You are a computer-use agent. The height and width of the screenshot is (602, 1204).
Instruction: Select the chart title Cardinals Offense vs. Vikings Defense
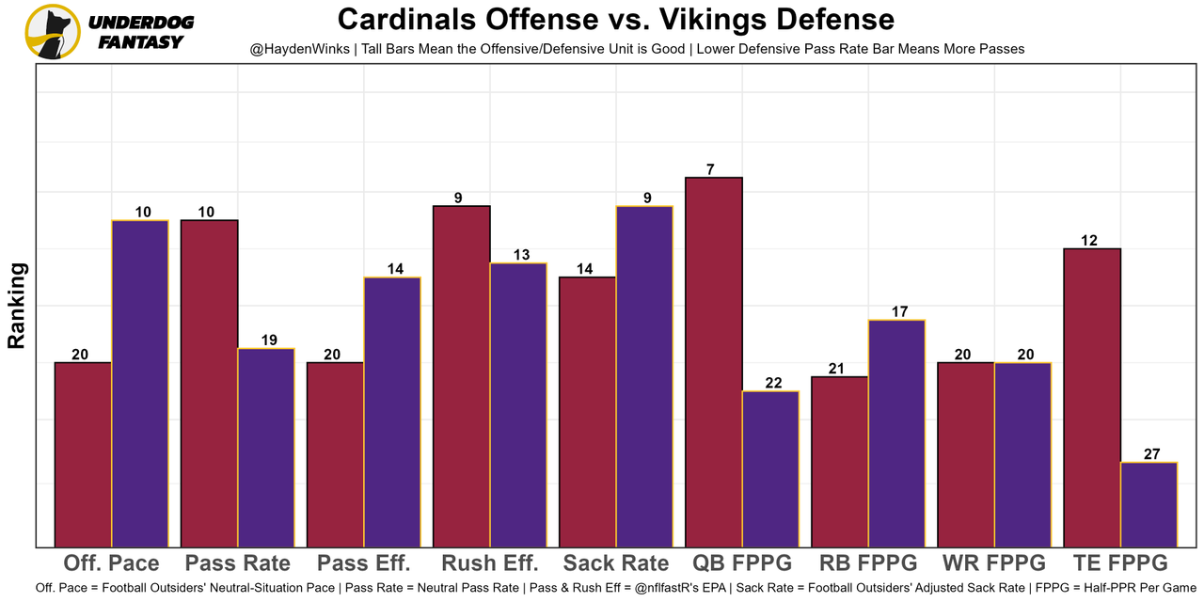(616, 19)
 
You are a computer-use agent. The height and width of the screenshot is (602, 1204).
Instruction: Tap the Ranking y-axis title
(16, 306)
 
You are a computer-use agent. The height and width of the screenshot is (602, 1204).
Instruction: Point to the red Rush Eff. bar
(462, 375)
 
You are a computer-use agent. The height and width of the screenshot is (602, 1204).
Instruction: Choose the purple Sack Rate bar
(644, 375)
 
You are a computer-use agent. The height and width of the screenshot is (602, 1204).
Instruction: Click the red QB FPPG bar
(714, 361)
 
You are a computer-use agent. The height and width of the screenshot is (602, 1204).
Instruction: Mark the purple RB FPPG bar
(896, 433)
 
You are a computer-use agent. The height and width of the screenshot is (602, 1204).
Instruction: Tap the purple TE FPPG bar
(1149, 504)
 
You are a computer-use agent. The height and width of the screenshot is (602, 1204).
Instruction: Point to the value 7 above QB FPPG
(711, 169)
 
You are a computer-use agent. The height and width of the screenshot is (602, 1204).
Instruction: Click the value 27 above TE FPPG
(1151, 454)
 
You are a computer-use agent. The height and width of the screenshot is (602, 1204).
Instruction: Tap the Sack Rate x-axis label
(616, 563)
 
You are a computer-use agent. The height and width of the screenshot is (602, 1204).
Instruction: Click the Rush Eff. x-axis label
(490, 563)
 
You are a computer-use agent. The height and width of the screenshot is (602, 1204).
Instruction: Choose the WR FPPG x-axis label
(993, 563)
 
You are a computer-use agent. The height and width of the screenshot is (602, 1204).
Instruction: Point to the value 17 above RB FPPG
(899, 311)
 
